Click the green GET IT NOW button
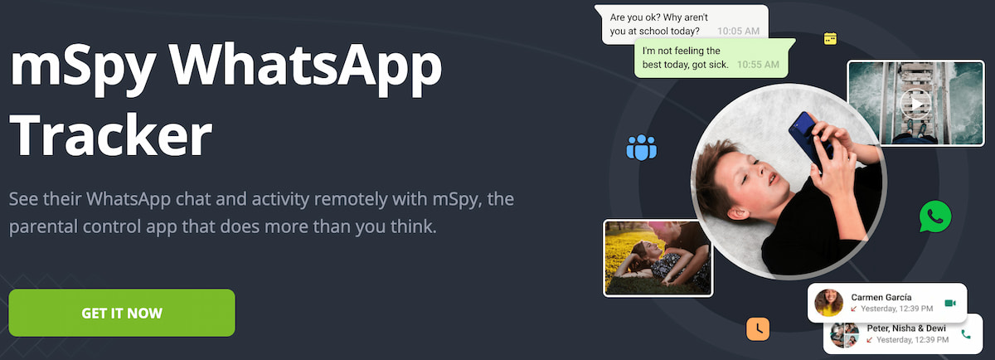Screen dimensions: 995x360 (122, 313)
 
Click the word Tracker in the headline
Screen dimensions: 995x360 (111, 134)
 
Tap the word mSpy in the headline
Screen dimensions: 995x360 (83, 69)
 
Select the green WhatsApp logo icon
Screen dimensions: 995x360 (935, 216)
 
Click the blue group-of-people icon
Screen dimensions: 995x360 (642, 147)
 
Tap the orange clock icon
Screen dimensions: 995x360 (758, 328)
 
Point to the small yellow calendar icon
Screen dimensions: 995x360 (830, 39)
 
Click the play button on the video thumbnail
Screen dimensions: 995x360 (915, 104)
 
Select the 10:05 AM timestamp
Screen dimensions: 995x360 (738, 32)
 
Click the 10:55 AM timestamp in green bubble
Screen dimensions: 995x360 (758, 65)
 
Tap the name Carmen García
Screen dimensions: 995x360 (881, 297)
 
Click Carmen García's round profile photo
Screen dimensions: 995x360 (829, 303)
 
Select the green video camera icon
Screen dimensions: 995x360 (950, 303)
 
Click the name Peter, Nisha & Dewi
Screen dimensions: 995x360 (906, 328)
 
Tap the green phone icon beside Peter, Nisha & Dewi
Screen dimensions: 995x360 (966, 334)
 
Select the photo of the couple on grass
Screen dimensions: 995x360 (658, 258)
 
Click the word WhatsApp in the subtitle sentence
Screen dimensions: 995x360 (129, 199)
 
